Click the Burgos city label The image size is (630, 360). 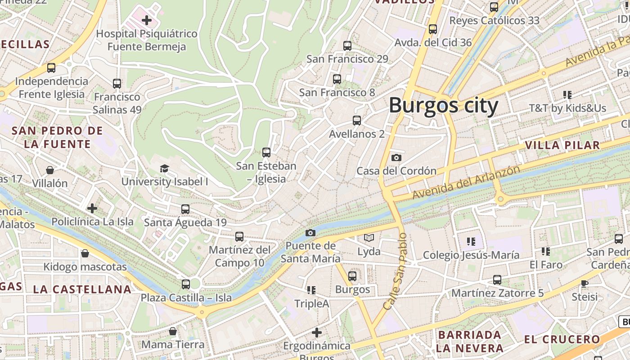443,106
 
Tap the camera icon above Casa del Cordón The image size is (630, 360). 396,157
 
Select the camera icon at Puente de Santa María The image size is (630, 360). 310,233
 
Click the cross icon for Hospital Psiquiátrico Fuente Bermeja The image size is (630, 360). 147,20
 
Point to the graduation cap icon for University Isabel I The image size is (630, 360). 164,168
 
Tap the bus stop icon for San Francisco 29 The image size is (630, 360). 347,45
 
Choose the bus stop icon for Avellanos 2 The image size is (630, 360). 356,121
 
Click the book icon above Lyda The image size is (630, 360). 369,238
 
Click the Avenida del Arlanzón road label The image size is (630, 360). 466,183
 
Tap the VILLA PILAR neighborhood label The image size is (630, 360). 562,145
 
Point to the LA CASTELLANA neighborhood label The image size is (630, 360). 82,289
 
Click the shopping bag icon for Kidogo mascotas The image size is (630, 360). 85,253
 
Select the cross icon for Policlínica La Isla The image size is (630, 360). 92,208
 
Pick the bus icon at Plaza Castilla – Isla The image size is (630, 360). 185,284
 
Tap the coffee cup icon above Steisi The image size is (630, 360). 584,283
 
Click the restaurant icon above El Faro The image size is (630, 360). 545,251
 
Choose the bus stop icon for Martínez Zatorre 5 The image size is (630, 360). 497,280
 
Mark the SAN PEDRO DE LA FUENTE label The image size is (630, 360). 57,137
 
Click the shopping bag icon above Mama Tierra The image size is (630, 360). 172,331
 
